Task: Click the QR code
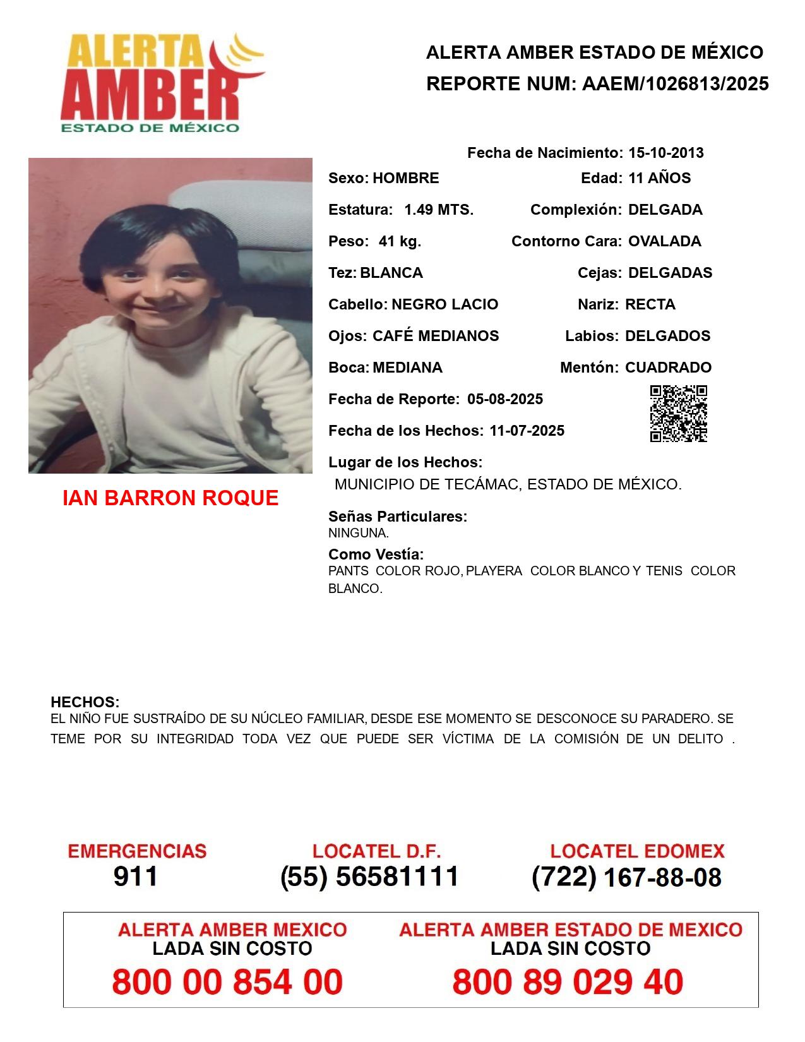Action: (678, 413)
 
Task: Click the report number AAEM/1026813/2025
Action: (675, 84)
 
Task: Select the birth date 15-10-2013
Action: (665, 153)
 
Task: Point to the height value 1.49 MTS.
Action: (439, 210)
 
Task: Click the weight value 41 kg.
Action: (400, 241)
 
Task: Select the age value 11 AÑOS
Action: (659, 178)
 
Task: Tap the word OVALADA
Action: (664, 241)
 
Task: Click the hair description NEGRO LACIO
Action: (444, 304)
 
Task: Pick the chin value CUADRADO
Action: (668, 368)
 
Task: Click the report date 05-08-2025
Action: (505, 399)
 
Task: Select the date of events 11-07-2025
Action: (527, 431)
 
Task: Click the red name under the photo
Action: (170, 498)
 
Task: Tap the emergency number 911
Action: (135, 877)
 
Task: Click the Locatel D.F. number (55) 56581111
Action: (369, 877)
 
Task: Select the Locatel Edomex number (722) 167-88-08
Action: (626, 877)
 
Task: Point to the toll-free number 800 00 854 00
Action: (227, 982)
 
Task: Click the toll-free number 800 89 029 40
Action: (568, 982)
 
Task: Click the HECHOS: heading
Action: (85, 702)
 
